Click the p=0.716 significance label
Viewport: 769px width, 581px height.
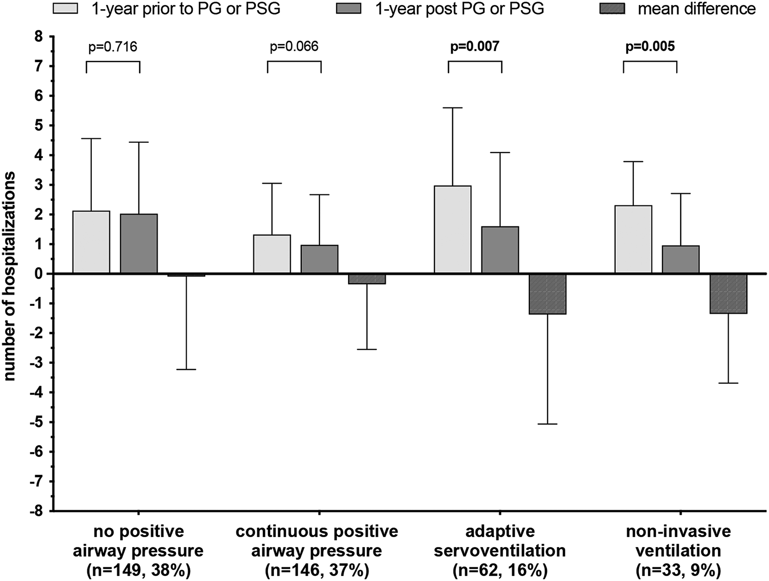[113, 47]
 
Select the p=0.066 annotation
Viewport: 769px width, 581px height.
[294, 47]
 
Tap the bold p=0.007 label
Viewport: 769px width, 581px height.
[474, 47]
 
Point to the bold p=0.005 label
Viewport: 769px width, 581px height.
[650, 47]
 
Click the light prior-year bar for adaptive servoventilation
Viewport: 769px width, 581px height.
[453, 230]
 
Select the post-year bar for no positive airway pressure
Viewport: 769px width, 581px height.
[139, 244]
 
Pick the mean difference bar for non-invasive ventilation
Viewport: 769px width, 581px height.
[728, 294]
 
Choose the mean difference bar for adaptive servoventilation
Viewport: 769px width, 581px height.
[547, 294]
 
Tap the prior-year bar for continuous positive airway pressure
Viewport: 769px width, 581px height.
[272, 254]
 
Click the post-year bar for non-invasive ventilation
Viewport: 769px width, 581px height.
[681, 259]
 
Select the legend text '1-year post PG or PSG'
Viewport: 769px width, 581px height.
[460, 9]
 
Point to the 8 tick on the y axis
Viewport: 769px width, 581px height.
[38, 36]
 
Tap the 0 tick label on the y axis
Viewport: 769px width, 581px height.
[38, 274]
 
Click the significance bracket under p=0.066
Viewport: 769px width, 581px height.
[294, 62]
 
